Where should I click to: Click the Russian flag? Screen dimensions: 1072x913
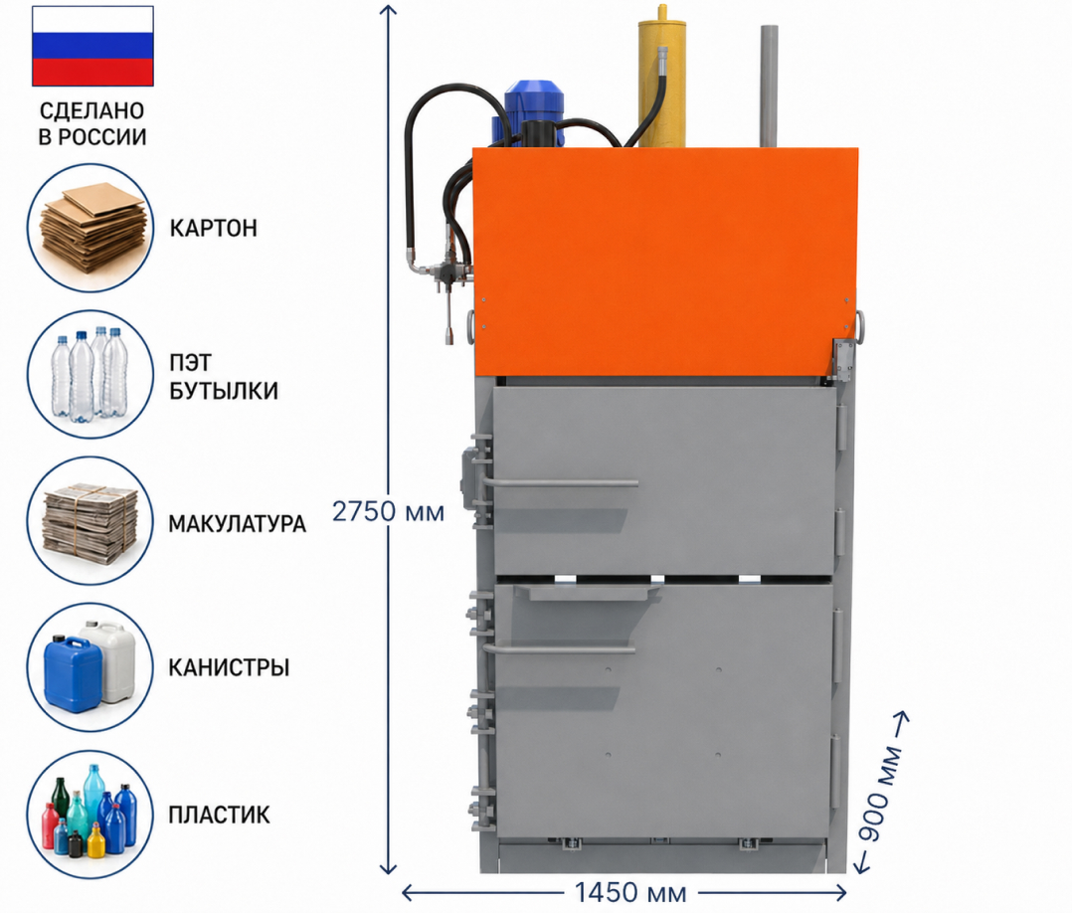pyautogui.click(x=92, y=46)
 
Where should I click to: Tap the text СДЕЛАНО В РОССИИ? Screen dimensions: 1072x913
pyautogui.click(x=92, y=123)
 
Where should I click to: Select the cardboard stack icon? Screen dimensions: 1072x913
pyautogui.click(x=90, y=228)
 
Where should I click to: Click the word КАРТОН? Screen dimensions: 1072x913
pyautogui.click(x=213, y=228)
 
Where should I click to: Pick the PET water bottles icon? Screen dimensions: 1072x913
pyautogui.click(x=90, y=374)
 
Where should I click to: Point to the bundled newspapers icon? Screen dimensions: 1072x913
pyautogui.click(x=90, y=521)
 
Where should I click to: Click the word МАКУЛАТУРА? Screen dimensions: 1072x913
pyautogui.click(x=238, y=524)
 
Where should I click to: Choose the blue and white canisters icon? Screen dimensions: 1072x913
pyautogui.click(x=90, y=667)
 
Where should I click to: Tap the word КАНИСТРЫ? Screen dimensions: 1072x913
pyautogui.click(x=229, y=667)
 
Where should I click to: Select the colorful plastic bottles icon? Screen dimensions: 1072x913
pyautogui.click(x=90, y=815)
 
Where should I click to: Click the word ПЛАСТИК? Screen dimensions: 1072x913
pyautogui.click(x=220, y=816)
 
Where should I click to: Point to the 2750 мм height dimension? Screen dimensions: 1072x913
pyautogui.click(x=388, y=511)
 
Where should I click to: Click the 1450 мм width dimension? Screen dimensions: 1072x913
pyautogui.click(x=629, y=892)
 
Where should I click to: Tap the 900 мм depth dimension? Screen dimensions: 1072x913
pyautogui.click(x=883, y=794)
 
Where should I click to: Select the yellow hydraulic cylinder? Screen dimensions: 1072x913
pyautogui.click(x=661, y=76)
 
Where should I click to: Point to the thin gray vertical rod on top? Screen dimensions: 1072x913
pyautogui.click(x=769, y=87)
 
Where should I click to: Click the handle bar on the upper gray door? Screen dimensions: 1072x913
pyautogui.click(x=561, y=484)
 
